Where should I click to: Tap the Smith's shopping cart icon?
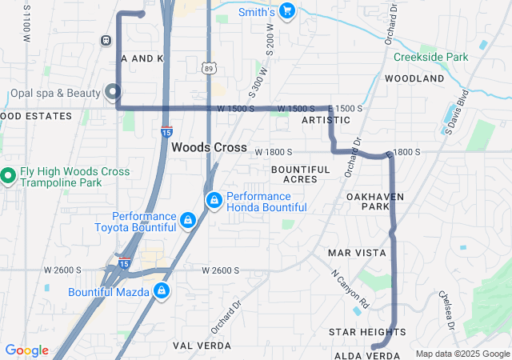click(x=287, y=11)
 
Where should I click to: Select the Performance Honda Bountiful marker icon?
click(x=214, y=200)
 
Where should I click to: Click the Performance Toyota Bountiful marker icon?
click(x=187, y=219)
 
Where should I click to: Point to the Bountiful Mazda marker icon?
click(x=162, y=290)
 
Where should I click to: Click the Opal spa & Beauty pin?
click(x=113, y=92)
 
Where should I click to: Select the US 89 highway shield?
click(x=208, y=69)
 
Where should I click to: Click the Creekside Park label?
click(x=430, y=58)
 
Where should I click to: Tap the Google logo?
click(x=26, y=350)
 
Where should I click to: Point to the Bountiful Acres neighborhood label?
click(x=300, y=174)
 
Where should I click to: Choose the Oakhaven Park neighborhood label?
click(x=375, y=201)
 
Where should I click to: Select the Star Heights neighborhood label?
click(x=362, y=331)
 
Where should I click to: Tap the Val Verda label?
click(x=202, y=346)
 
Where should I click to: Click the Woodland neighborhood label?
click(x=414, y=79)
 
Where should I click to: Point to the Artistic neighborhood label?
click(x=326, y=120)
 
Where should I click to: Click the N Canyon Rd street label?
click(x=350, y=289)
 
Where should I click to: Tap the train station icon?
click(x=106, y=40)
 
